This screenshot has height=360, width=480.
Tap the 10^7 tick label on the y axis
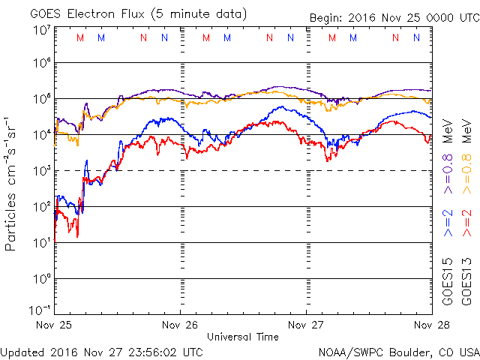pos(41,30)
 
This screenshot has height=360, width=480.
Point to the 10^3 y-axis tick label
pos(41,171)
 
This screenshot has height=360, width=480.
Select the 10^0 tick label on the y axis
pos(41,278)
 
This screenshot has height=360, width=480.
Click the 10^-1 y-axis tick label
pos(40,310)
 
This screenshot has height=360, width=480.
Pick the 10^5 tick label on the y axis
pos(41,99)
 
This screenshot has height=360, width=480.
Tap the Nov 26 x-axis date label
pos(179,325)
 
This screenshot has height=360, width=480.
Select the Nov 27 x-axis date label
pos(307,325)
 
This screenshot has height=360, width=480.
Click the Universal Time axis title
pos(242,337)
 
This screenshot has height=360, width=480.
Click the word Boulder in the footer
pos(408,351)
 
